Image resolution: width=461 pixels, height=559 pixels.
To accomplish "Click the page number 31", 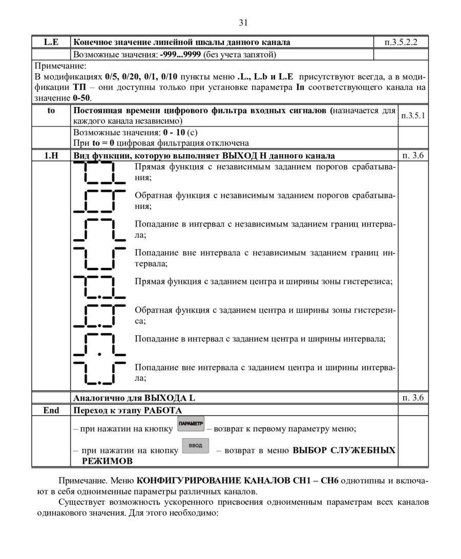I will click(243, 23).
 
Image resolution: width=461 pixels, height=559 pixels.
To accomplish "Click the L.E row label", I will click(51, 42).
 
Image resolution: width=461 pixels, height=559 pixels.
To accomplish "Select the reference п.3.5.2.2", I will click(400, 42).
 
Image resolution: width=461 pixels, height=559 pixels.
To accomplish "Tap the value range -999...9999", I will click(181, 54).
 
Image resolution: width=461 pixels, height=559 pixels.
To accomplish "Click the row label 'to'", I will click(51, 111).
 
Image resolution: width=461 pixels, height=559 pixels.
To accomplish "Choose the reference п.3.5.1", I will click(413, 116).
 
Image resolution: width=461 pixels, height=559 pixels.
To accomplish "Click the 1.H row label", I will click(51, 156).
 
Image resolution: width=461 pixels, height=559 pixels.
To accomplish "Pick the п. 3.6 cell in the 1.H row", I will click(412, 156).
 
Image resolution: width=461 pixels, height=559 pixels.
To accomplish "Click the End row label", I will click(51, 410).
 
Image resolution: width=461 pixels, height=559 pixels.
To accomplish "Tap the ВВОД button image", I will click(195, 446).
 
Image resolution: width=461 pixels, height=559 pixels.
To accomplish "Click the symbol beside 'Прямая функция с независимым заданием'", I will click(99, 173).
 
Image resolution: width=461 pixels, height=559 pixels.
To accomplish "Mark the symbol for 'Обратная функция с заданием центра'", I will click(99, 315).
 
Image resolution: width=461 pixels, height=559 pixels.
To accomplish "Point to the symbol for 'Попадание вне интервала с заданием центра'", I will click(99, 373).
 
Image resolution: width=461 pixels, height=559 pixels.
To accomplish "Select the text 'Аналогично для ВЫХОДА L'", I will click(134, 398).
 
